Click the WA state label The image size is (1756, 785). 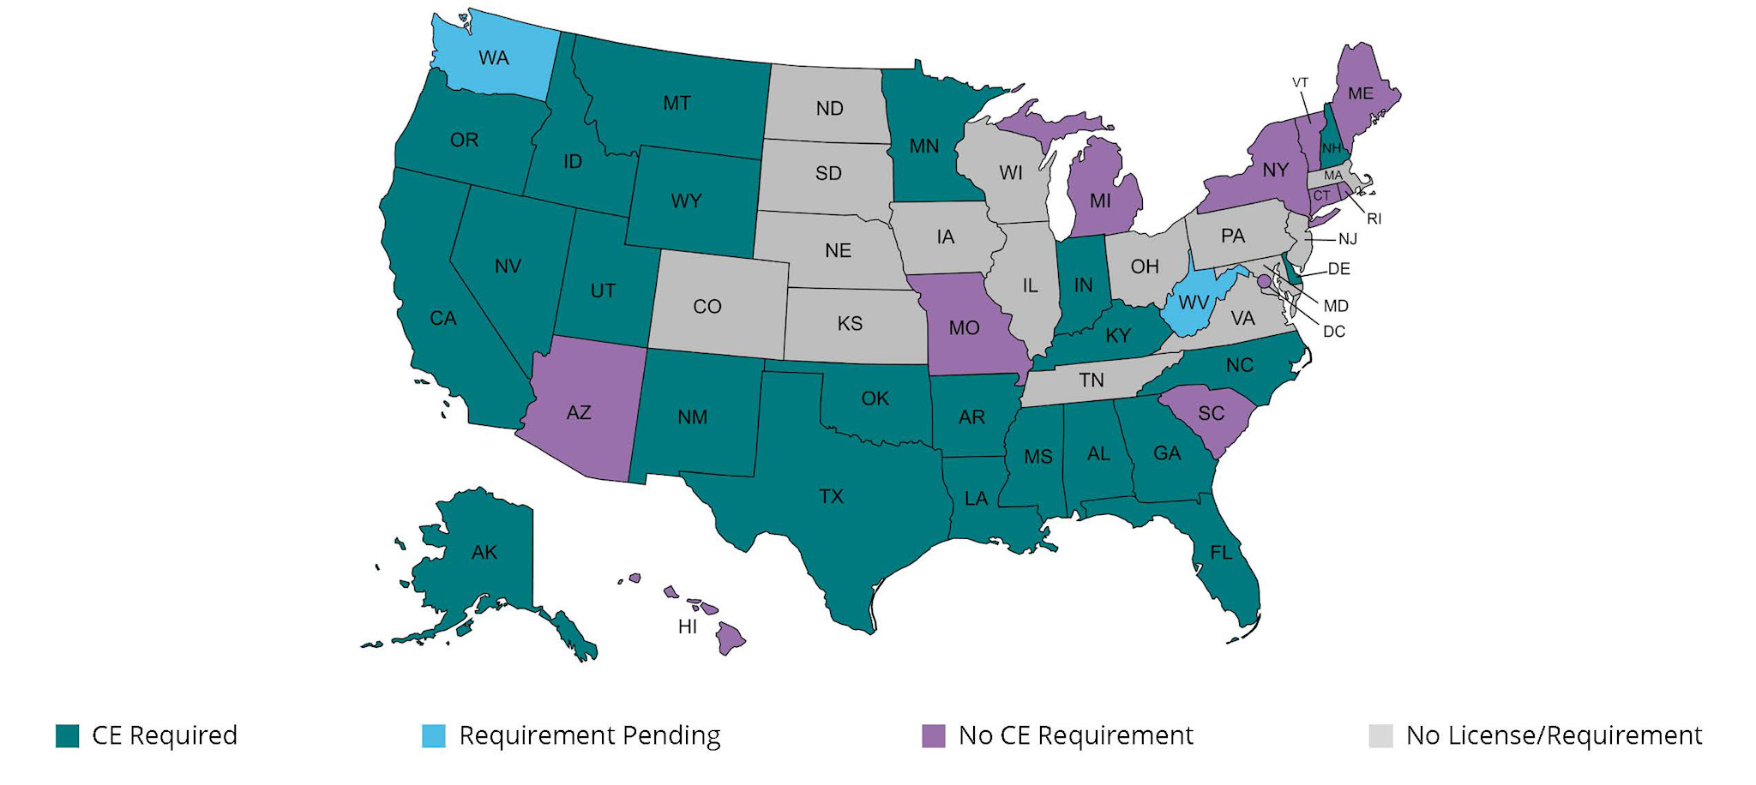(x=494, y=58)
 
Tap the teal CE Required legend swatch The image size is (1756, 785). (x=68, y=736)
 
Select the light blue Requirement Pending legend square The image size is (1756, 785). (x=434, y=736)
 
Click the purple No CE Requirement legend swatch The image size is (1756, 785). (x=933, y=736)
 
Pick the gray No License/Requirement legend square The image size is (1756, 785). (x=1380, y=736)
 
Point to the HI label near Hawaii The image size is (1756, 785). (x=688, y=627)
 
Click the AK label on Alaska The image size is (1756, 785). (x=484, y=553)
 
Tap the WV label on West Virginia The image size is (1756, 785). (x=1194, y=303)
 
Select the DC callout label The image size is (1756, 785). (x=1334, y=332)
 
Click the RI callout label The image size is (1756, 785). (x=1374, y=219)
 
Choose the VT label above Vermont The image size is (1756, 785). (x=1300, y=83)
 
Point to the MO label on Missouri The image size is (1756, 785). (x=964, y=328)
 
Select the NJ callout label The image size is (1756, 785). (x=1348, y=240)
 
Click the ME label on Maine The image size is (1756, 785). (x=1361, y=93)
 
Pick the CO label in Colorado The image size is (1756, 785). (x=707, y=307)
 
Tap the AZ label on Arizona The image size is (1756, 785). (x=579, y=413)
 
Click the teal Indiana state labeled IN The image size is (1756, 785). (x=1084, y=285)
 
